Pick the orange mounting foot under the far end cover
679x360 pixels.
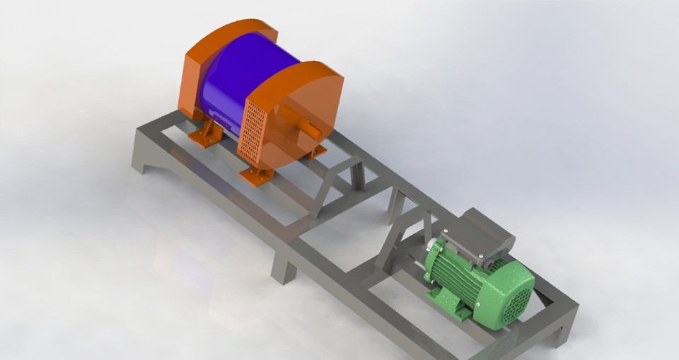(205, 134)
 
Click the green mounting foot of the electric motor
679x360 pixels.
(463, 311)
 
